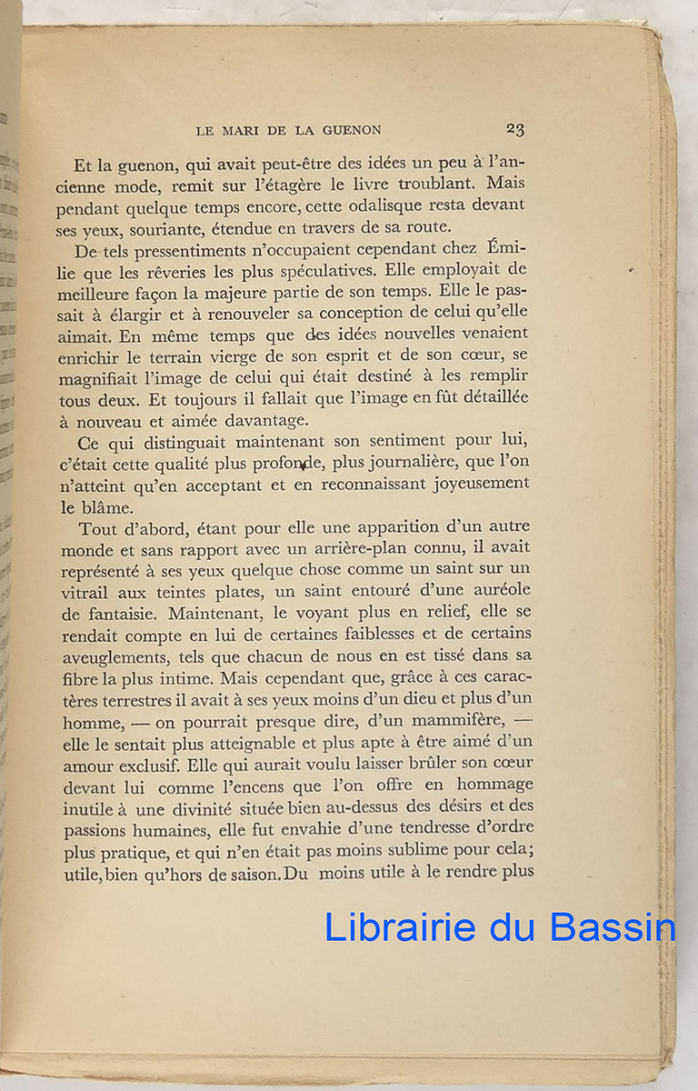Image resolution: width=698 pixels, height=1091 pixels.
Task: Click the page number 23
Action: tap(515, 130)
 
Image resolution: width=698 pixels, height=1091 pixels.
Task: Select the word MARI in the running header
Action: tap(243, 131)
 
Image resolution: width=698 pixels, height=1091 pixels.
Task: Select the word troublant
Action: tap(404, 185)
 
